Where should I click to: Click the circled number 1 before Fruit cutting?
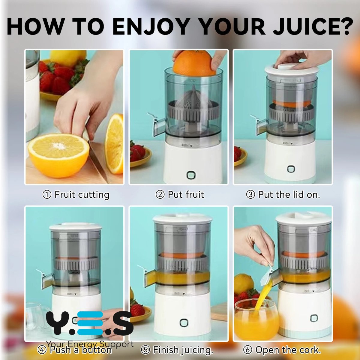click(x=47, y=195)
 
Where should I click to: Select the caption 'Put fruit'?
click(x=186, y=195)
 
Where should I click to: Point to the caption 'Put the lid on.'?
click(x=289, y=195)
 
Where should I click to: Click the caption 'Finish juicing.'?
click(x=183, y=350)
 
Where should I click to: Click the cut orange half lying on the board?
click(x=58, y=155)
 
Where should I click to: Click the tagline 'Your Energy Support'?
click(x=90, y=344)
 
